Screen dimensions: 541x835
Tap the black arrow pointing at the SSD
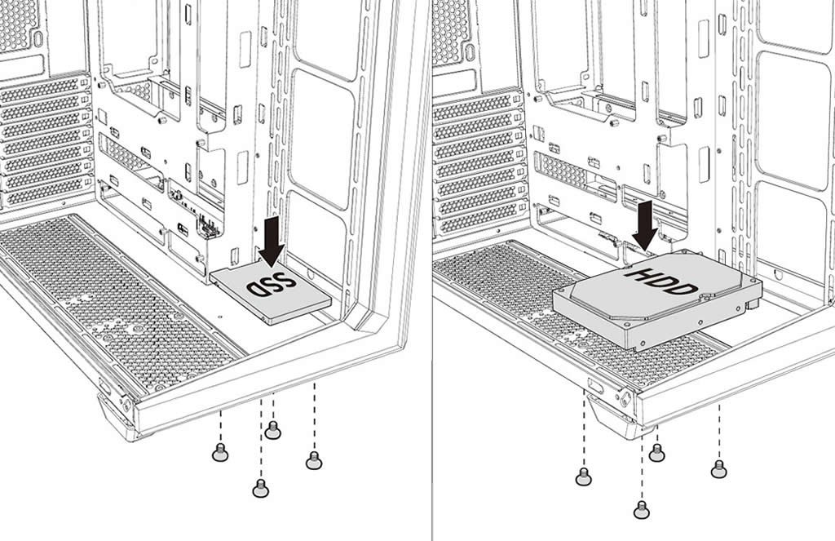click(272, 239)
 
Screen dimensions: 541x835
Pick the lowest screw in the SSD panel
click(260, 488)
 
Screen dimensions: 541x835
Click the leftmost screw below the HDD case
click(583, 477)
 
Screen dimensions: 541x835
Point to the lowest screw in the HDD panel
click(641, 510)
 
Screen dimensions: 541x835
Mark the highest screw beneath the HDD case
click(656, 452)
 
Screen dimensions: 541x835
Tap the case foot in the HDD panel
click(620, 420)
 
